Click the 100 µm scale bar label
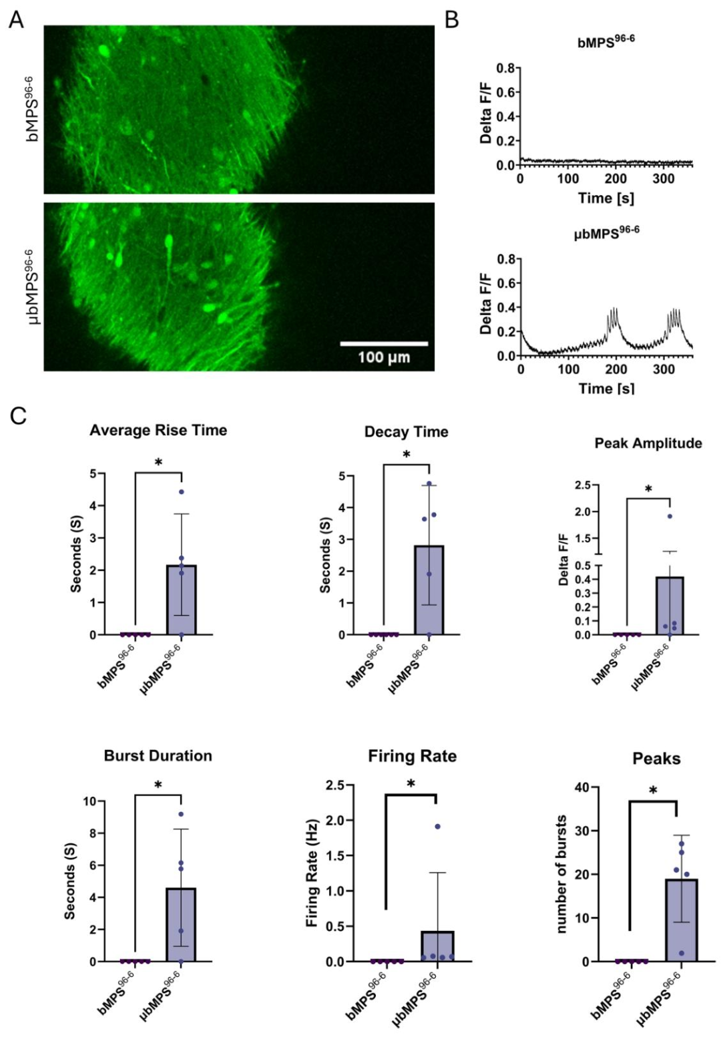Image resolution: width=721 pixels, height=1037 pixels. pos(384,357)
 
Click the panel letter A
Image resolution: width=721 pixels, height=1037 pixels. pos(16,21)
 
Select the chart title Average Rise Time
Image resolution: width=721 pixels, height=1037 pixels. pos(158,431)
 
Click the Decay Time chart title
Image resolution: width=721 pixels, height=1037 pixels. pos(407,432)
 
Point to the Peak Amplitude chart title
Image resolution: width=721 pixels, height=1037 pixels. pos(648,443)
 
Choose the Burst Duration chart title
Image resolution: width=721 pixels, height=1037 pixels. pos(158,756)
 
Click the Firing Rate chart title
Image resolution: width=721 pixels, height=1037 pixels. pos(413,757)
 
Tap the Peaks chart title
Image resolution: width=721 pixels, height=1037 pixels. pos(656,759)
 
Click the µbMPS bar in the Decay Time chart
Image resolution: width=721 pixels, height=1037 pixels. pos(429,590)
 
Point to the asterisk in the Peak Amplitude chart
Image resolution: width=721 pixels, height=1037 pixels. pos(648,489)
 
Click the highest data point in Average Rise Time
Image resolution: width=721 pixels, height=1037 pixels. pos(182,491)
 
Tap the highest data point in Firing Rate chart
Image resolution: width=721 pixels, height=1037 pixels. pos(437,827)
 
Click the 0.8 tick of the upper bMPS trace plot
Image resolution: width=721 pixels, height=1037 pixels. pos(505,69)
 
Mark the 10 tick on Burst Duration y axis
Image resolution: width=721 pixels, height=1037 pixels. pos(90,801)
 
